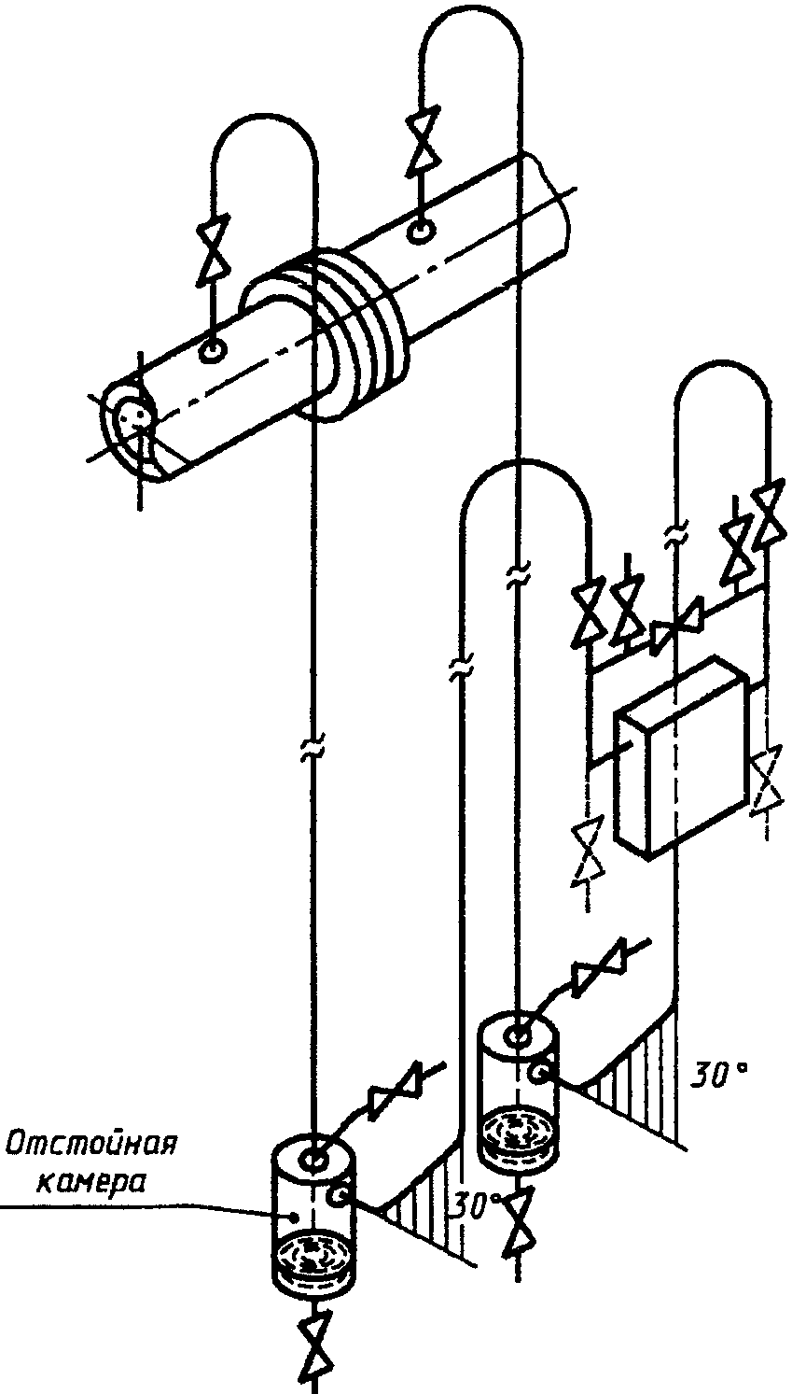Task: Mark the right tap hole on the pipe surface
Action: tap(421, 232)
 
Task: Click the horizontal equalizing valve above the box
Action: tap(676, 625)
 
